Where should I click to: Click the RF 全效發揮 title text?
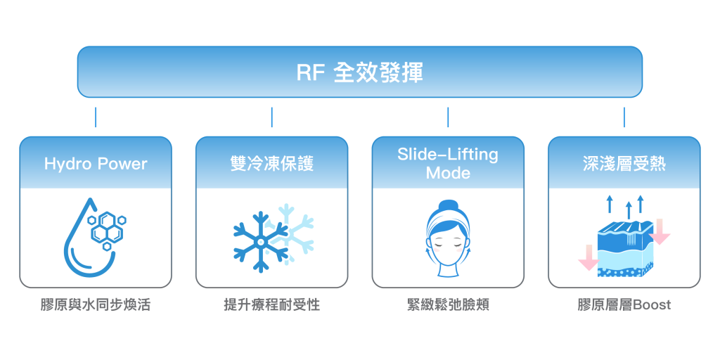359,73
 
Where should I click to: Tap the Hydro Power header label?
96,164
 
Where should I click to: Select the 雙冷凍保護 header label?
271,164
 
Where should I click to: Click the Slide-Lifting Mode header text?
448,163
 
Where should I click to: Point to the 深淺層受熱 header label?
624,164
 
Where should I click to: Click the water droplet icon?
85,243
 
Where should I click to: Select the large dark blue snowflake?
258,243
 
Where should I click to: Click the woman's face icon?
447,243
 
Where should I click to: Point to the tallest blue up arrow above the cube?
629,210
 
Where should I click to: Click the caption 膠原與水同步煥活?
96,305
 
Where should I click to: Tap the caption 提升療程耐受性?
271,305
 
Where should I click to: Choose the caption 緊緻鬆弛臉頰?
448,305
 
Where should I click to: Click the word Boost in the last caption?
652,305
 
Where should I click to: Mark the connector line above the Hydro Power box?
96,117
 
